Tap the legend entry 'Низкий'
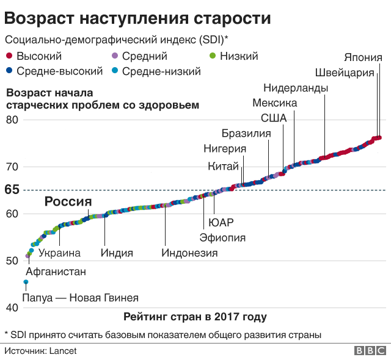pos(238,57)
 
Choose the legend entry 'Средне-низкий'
pos(161,71)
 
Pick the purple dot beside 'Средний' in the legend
pos(114,57)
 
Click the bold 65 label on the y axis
pos(12,190)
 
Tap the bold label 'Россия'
pos(68,202)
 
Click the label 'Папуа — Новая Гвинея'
pos(80,298)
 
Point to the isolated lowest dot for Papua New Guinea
pos(26,282)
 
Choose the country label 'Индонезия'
pos(189,253)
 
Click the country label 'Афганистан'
pos(56,272)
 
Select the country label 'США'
pos(273,118)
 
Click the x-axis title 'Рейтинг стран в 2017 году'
pos(195,317)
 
